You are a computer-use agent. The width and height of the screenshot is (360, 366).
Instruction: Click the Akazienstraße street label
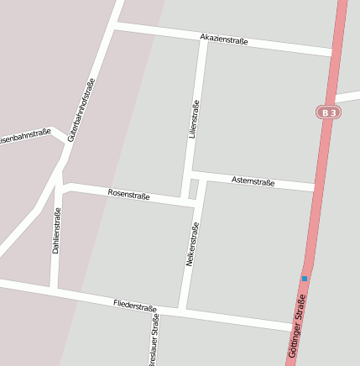pyautogui.click(x=224, y=39)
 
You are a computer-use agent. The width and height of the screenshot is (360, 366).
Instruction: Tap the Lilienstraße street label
pyautogui.click(x=195, y=118)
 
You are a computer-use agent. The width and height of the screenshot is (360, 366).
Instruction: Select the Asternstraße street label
pyautogui.click(x=253, y=181)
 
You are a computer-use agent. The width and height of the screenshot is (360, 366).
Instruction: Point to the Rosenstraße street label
pyautogui.click(x=128, y=195)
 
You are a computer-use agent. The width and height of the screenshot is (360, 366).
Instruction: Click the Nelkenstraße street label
pyautogui.click(x=190, y=244)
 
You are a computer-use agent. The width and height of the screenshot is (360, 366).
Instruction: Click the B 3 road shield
pyautogui.click(x=328, y=112)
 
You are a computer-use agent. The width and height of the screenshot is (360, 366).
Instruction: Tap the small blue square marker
pyautogui.click(x=304, y=278)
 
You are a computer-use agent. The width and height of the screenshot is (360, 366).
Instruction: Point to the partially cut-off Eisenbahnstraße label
pyautogui.click(x=25, y=136)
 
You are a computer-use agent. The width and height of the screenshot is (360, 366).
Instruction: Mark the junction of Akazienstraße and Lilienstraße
pyautogui.click(x=202, y=38)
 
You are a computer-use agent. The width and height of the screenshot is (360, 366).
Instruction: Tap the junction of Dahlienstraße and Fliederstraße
pyautogui.click(x=55, y=290)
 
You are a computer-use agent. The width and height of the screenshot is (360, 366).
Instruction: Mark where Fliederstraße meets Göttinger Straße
pyautogui.click(x=295, y=326)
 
